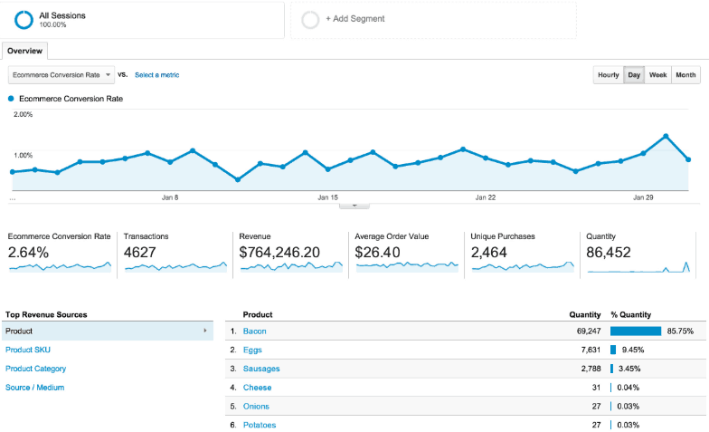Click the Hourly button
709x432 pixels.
608,75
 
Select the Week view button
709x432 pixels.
657,75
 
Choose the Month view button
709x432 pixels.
685,75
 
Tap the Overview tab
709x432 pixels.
24,52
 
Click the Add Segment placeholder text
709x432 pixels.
355,19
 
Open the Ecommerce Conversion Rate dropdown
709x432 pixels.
61,75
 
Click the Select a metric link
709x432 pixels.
156,75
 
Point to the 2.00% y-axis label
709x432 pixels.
23,115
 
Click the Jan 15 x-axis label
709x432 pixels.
327,197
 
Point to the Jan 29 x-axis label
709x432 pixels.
643,197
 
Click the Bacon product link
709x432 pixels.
254,331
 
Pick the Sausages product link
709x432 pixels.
261,369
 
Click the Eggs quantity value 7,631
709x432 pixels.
586,350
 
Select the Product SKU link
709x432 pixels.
28,350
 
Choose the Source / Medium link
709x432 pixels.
34,388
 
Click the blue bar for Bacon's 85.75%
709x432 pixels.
636,331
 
